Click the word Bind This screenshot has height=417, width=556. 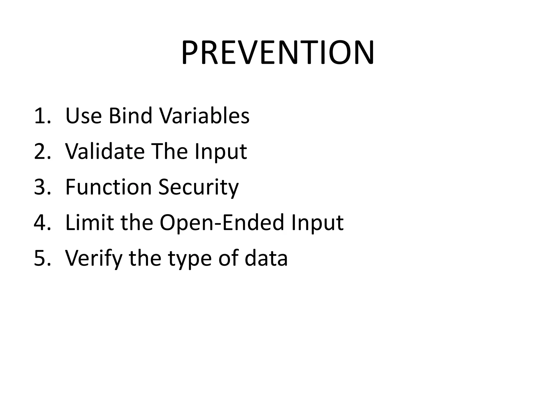(130, 116)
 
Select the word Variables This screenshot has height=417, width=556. (204, 116)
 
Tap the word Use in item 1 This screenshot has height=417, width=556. (84, 116)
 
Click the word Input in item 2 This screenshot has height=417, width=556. (220, 152)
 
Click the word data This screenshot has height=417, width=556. (266, 258)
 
